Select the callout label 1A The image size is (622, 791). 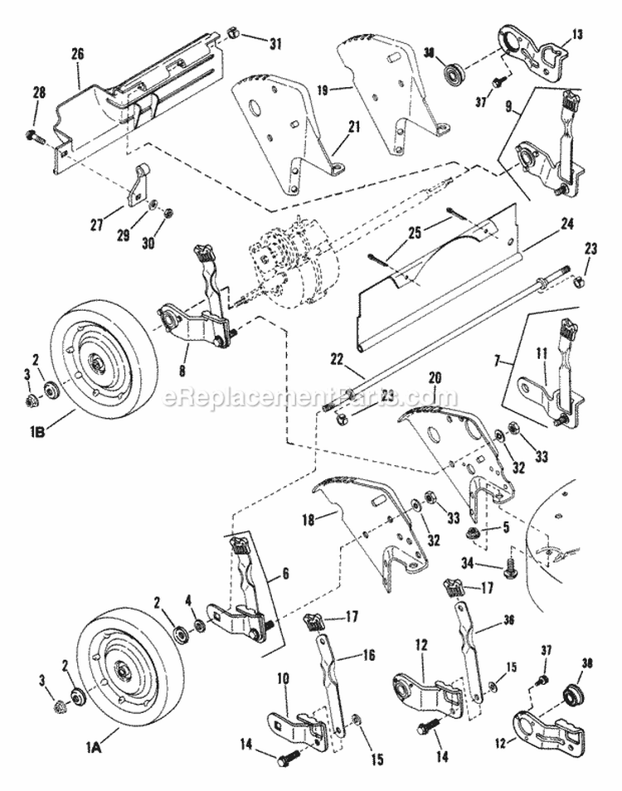click(94, 746)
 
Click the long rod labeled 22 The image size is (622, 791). click(448, 341)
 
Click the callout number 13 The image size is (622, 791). click(578, 35)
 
